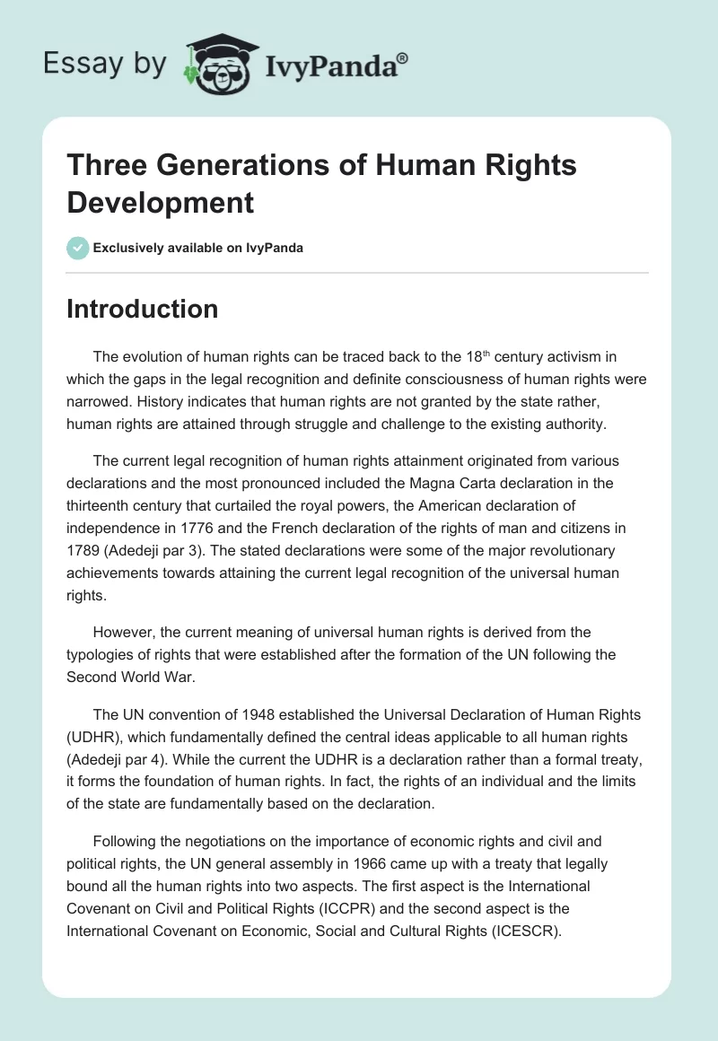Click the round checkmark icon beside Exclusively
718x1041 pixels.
78,248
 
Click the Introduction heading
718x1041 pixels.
143,310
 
